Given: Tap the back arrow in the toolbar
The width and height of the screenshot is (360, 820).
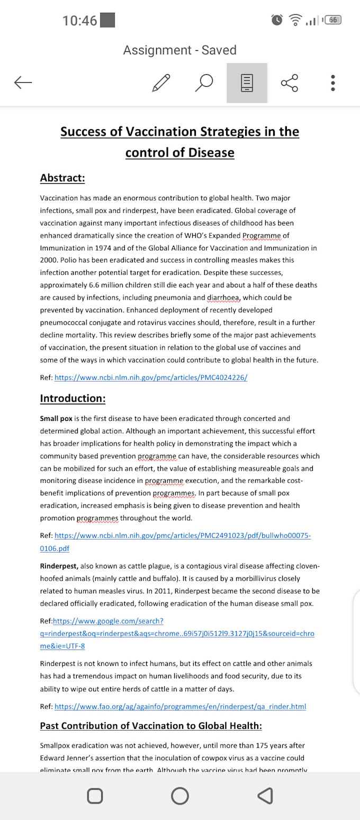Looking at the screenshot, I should (23, 82).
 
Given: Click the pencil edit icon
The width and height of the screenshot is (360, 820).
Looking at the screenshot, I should (161, 83).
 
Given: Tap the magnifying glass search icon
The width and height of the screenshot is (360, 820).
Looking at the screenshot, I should (204, 83).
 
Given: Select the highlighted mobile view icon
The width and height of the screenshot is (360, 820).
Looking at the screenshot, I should (247, 83).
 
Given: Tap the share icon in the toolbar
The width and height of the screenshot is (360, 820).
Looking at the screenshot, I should (290, 83).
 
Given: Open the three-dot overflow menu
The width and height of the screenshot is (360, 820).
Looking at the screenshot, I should (332, 83).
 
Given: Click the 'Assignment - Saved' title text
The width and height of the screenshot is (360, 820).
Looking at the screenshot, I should (179, 50).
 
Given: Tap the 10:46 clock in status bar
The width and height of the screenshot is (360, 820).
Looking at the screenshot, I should (79, 21).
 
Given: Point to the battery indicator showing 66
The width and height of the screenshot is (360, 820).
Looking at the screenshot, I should (333, 20).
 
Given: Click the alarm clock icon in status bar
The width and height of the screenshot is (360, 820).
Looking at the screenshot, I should (277, 20).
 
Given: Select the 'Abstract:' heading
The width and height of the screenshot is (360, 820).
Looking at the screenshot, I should (62, 178).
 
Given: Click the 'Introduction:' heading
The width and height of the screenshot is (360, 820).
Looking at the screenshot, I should (73, 398).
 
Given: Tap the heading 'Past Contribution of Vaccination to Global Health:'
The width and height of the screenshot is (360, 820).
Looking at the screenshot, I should (151, 725).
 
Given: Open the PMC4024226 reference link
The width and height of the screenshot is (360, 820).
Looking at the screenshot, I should (151, 377).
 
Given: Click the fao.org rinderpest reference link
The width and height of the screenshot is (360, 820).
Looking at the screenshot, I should (180, 706).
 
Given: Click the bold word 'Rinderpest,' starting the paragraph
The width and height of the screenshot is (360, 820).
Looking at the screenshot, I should (59, 566).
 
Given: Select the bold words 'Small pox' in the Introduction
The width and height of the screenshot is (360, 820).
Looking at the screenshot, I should (56, 418).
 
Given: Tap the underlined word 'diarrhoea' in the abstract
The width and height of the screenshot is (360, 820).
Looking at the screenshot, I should (223, 298).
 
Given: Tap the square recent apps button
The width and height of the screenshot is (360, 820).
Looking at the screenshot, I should (94, 796).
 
